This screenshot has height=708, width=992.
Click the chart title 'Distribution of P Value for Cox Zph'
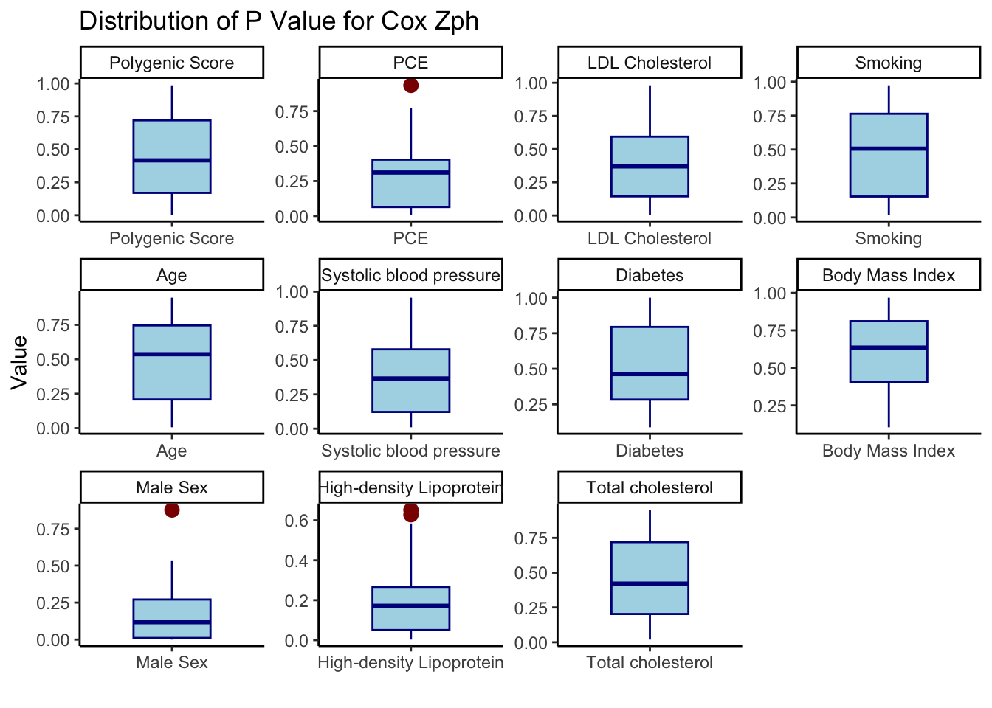tap(279, 21)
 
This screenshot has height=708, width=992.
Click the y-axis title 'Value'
tap(19, 362)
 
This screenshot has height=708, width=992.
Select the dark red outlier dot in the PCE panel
tap(411, 86)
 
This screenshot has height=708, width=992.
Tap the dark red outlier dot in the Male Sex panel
tap(172, 510)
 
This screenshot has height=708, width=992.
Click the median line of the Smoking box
tap(889, 149)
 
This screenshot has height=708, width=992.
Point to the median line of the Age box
tap(172, 354)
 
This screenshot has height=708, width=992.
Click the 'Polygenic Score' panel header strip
tap(172, 63)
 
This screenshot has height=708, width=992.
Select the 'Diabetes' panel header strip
tap(650, 275)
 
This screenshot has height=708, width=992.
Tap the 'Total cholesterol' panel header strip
tap(650, 487)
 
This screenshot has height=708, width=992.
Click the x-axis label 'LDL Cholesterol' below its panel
tap(650, 238)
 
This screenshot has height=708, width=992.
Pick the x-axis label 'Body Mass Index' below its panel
tap(889, 451)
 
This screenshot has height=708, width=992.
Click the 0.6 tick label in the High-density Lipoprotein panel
tap(296, 521)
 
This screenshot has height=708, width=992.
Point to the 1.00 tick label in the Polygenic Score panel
tap(53, 83)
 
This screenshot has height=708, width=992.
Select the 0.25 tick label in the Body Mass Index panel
tap(770, 406)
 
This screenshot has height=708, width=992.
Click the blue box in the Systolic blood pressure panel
tap(411, 381)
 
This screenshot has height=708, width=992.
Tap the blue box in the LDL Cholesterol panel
tap(650, 167)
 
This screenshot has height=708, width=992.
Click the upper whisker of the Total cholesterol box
tap(650, 526)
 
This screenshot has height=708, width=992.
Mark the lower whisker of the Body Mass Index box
tap(889, 404)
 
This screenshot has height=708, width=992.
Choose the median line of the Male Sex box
tap(172, 622)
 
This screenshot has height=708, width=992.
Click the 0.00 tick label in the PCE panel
tap(292, 217)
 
